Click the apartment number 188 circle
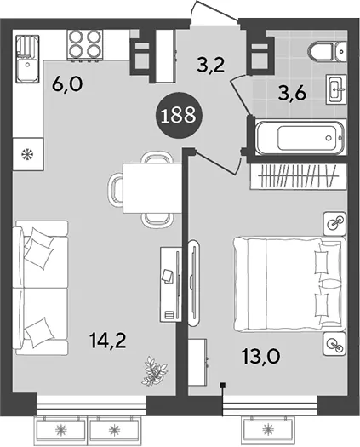179,115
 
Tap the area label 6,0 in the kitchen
67,83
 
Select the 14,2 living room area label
107,341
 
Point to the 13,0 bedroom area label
261,356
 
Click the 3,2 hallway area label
211,66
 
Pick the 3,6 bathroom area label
293,93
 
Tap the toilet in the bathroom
327,52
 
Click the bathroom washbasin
336,89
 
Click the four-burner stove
85,44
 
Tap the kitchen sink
27,59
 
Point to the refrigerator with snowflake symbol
28,154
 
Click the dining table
152,188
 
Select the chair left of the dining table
115,188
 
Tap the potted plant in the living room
156,370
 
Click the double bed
290,284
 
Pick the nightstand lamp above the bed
335,224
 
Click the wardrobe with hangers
298,176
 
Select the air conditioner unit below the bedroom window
267,427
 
